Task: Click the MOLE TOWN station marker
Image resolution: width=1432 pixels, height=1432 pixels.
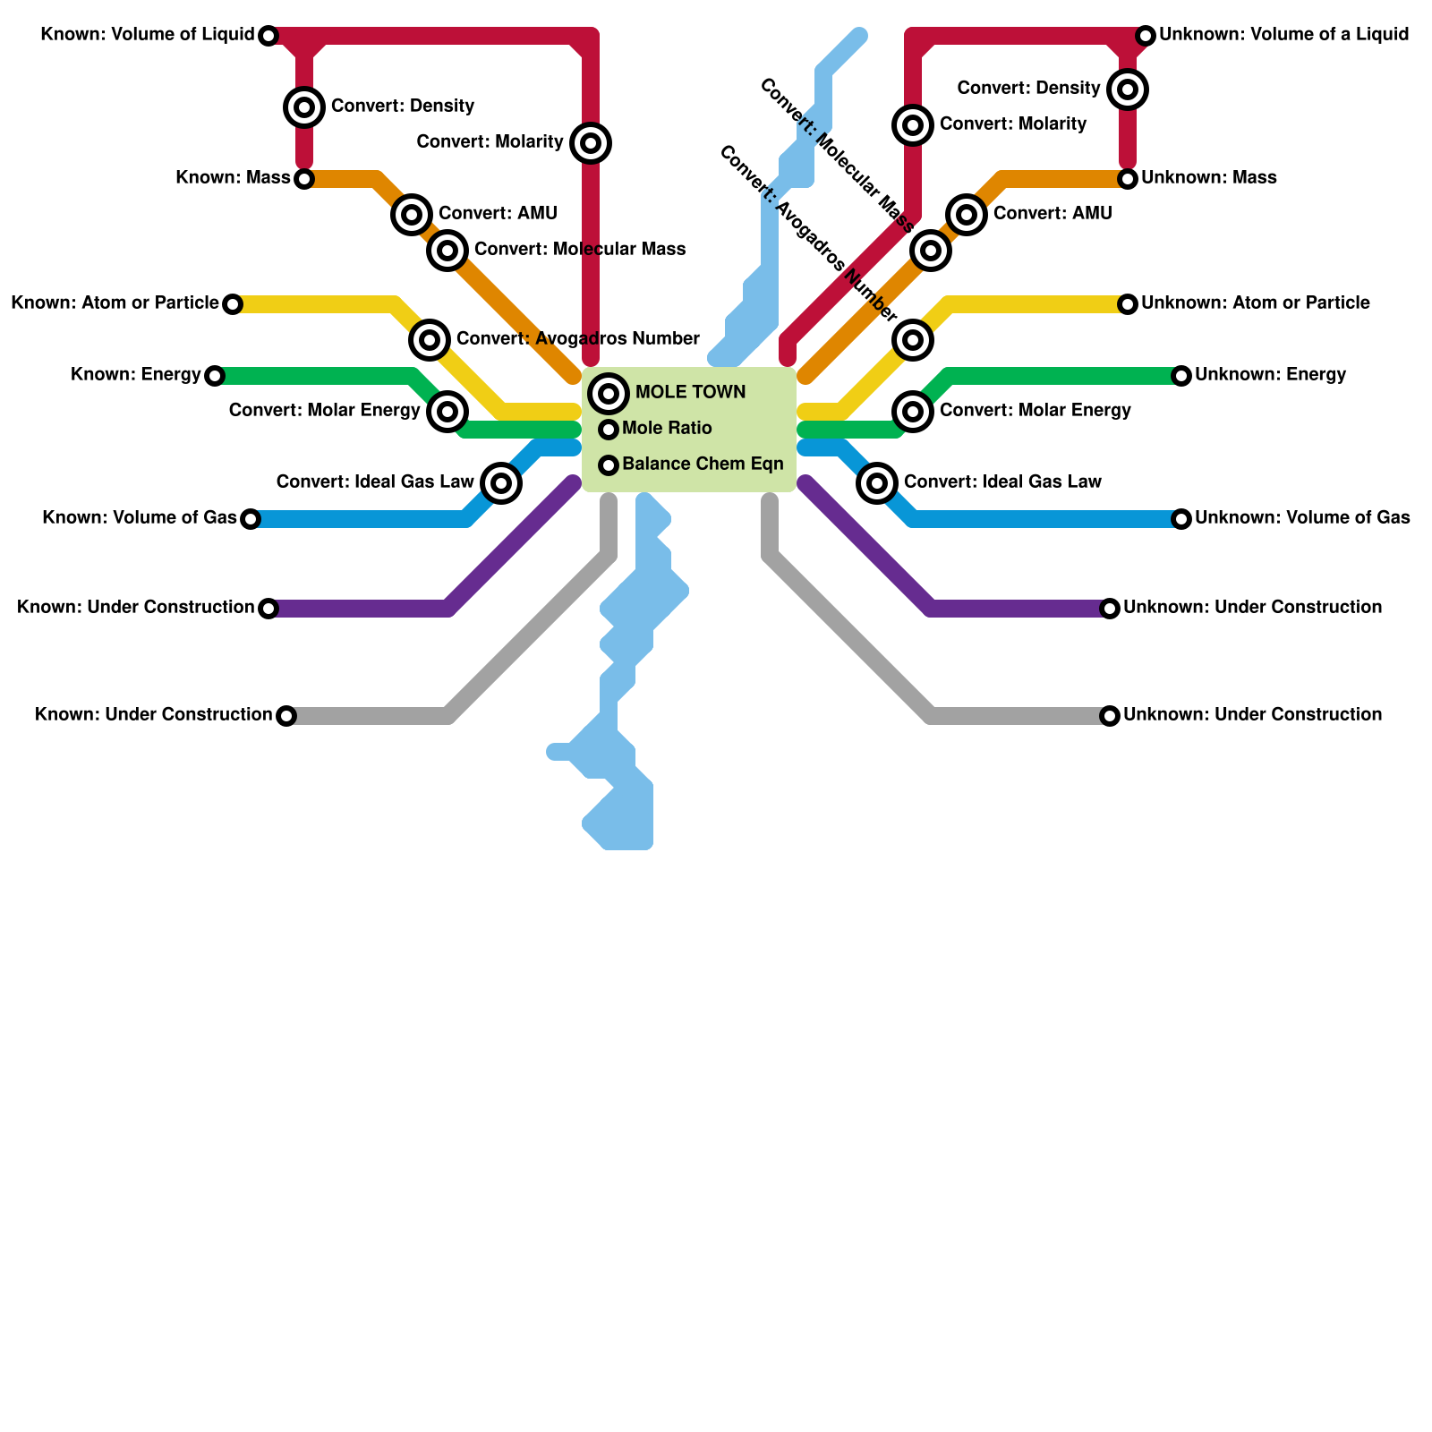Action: click(609, 393)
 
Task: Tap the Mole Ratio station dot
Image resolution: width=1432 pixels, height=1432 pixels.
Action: click(609, 430)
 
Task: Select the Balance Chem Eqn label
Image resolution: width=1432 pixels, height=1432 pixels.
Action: click(703, 465)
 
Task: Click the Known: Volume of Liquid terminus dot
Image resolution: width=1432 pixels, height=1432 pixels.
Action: click(268, 36)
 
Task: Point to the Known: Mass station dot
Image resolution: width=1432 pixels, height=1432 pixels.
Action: click(304, 179)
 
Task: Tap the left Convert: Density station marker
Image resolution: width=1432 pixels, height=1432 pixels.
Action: click(304, 107)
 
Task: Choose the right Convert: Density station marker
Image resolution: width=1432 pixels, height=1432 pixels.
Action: click(1128, 89)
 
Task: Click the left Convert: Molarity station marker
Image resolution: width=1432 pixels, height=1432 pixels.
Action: click(590, 143)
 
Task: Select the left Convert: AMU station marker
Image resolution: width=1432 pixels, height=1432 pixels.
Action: click(412, 215)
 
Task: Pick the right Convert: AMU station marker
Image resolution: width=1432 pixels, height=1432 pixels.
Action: click(966, 214)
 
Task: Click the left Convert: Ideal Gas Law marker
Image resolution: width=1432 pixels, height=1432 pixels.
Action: click(501, 483)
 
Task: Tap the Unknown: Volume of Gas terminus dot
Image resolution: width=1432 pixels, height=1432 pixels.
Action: click(1181, 519)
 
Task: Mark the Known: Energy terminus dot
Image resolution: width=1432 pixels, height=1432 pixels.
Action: click(214, 376)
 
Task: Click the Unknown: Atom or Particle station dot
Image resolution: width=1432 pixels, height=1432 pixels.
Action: click(1128, 304)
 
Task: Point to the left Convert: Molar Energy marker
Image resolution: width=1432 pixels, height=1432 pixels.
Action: click(447, 412)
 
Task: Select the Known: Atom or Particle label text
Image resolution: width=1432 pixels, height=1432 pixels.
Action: click(115, 303)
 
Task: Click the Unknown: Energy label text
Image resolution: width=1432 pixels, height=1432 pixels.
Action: click(1270, 375)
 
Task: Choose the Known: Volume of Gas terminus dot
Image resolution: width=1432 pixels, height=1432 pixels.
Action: click(251, 519)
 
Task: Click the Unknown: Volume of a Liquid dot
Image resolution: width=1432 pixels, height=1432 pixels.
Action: click(1146, 36)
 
